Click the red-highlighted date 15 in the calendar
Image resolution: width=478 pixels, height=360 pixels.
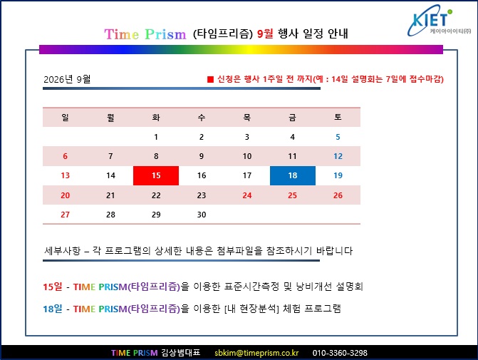[x=156, y=175]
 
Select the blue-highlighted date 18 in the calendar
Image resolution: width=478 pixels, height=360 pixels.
[x=293, y=175]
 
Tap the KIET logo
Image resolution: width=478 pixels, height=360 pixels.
[x=439, y=21]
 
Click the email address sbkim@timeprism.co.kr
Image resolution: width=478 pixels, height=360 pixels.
[x=256, y=353]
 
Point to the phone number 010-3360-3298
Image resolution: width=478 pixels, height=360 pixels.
[x=340, y=353]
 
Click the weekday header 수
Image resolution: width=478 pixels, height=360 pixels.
[x=202, y=117]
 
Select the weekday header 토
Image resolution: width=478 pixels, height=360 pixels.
[x=338, y=117]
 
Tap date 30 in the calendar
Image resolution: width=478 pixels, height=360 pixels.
[x=202, y=215]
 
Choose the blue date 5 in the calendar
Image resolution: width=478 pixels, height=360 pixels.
[x=338, y=137]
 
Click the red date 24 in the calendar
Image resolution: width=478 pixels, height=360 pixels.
[x=247, y=195]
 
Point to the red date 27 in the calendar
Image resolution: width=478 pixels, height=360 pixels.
[x=65, y=215]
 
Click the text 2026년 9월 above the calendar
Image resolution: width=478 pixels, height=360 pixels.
[x=67, y=79]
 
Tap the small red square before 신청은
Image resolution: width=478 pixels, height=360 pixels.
[x=210, y=79]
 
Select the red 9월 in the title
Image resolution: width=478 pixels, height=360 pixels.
[x=265, y=34]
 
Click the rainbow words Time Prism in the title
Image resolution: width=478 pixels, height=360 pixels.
[x=145, y=34]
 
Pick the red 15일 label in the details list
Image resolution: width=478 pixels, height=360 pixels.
[x=53, y=287]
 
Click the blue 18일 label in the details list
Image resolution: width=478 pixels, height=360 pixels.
[x=53, y=309]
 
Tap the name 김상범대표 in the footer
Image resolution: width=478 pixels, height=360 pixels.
[x=181, y=353]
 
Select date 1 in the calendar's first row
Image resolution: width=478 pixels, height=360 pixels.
[x=156, y=137]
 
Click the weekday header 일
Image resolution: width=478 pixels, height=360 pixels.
[x=65, y=117]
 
